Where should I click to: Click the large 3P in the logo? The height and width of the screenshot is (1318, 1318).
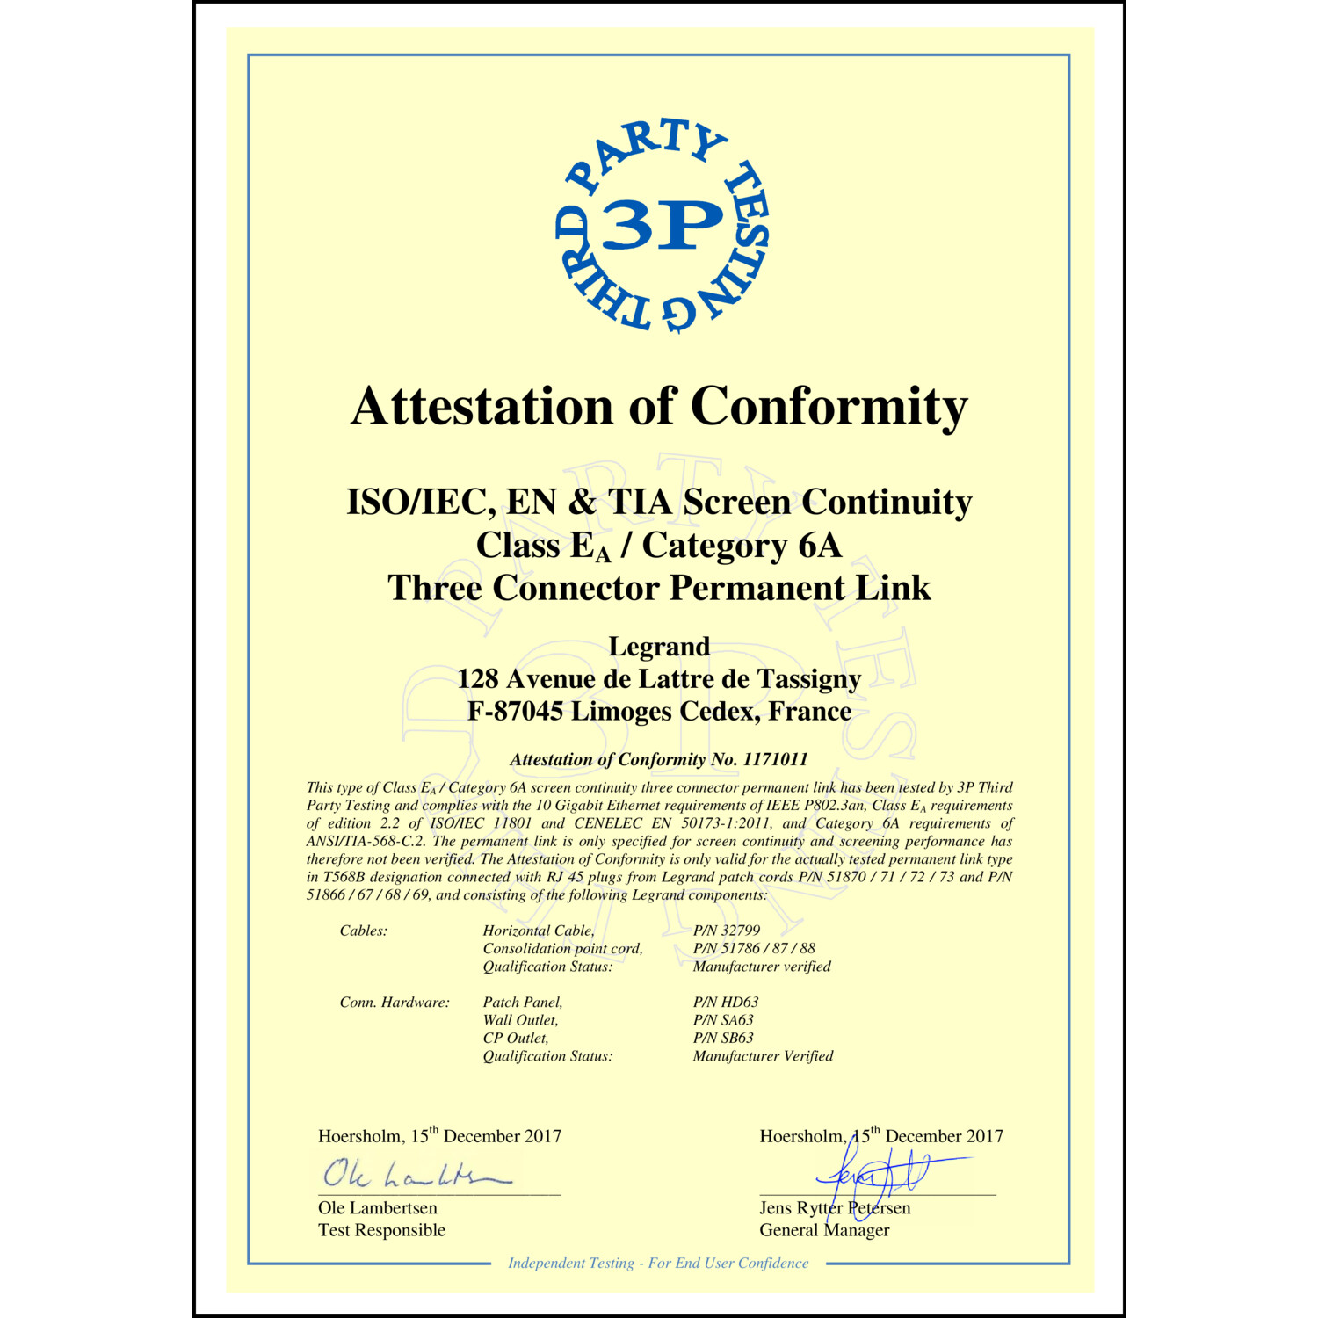coord(663,225)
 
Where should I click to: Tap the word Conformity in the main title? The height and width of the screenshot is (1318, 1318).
coord(829,407)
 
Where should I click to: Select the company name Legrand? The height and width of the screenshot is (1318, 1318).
coord(659,647)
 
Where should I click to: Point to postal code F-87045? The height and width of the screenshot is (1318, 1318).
coord(515,711)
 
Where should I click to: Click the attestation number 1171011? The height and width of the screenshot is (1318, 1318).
coord(775,759)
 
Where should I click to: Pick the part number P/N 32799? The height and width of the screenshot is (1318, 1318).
coord(727,930)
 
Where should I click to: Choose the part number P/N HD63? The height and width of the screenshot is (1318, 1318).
coord(725,1002)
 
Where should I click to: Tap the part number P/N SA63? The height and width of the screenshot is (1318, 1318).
coord(723,1020)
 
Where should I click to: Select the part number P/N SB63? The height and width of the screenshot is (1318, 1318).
coord(723,1038)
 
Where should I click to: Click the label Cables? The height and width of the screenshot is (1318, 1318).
coord(363,931)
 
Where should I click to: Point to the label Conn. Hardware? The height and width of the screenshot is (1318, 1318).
coord(395,1002)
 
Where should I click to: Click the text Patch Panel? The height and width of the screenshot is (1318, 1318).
coord(523,1002)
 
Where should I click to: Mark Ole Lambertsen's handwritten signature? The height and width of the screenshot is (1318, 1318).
coord(413,1175)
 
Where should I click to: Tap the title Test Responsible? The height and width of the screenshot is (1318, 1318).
coord(381,1230)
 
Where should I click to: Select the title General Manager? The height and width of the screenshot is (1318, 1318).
coord(824,1230)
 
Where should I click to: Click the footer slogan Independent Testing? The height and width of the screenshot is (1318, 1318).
coord(571,1263)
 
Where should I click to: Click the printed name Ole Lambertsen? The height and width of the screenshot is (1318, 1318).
coord(377,1208)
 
